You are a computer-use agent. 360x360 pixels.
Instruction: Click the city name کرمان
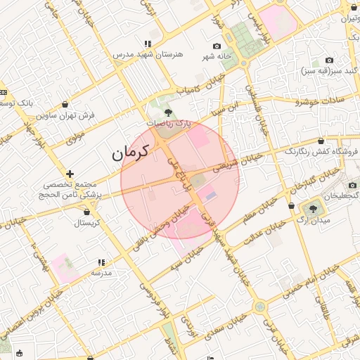pyautogui.click(x=131, y=151)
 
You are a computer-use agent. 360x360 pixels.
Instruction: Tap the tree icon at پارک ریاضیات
pyautogui.click(x=167, y=112)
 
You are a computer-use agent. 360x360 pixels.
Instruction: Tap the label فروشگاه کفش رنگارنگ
pyautogui.click(x=321, y=151)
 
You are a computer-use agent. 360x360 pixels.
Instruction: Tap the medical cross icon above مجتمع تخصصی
pyautogui.click(x=70, y=173)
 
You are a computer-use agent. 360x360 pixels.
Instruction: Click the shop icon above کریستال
pyautogui.click(x=87, y=211)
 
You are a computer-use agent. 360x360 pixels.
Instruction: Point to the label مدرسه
pyautogui.click(x=102, y=271)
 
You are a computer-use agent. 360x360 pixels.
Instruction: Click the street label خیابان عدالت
pyautogui.click(x=267, y=233)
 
